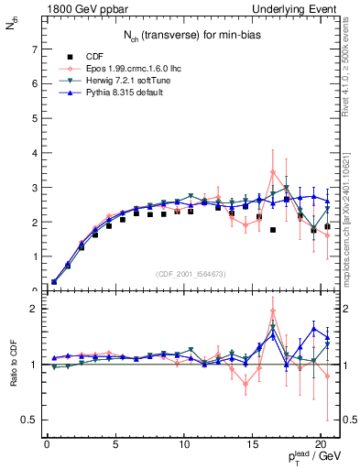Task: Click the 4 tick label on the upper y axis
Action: (33, 153)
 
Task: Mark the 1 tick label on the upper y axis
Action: (33, 256)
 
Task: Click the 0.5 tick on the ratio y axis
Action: (29, 420)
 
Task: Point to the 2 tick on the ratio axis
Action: (33, 309)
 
